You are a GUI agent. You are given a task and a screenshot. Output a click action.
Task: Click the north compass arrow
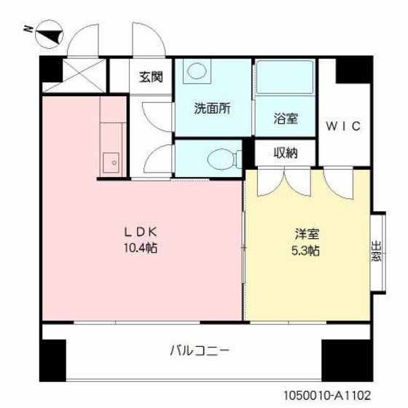click(x=45, y=31)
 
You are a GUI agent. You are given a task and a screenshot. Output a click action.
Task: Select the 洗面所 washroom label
click(x=212, y=110)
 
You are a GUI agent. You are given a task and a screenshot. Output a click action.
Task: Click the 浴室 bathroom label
click(x=286, y=118)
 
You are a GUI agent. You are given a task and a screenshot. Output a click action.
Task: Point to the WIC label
click(x=343, y=126)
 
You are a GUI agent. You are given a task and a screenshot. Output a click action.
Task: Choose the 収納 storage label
click(x=285, y=153)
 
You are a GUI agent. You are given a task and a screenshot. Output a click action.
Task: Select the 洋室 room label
click(x=306, y=235)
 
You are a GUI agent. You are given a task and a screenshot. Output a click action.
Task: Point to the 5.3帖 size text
click(x=306, y=251)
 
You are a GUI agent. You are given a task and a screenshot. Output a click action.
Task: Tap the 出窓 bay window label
click(x=377, y=251)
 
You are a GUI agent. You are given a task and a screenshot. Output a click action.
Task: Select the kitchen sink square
click(x=112, y=161)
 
